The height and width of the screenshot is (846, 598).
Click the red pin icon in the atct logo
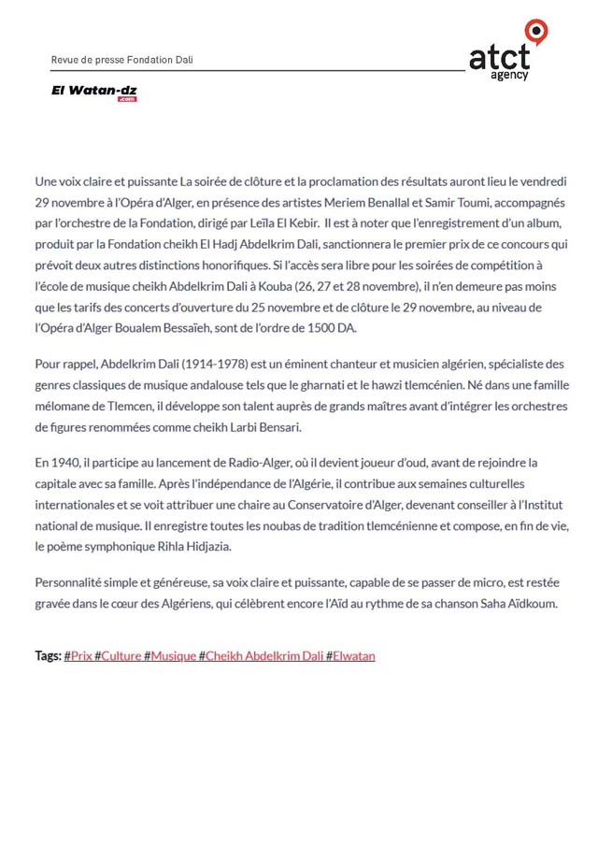click(535, 31)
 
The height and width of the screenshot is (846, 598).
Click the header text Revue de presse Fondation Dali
click(122, 60)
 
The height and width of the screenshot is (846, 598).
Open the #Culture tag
click(118, 656)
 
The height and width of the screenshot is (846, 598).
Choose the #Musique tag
click(169, 656)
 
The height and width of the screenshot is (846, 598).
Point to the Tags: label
click(48, 656)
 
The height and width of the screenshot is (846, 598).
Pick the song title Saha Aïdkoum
click(520, 604)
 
